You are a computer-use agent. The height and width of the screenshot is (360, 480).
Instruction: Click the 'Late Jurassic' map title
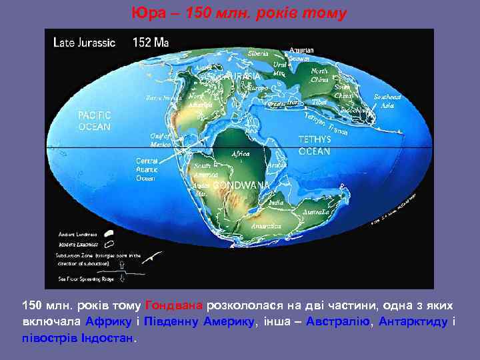coord(84,43)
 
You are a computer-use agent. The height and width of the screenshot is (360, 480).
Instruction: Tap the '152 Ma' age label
coord(151,43)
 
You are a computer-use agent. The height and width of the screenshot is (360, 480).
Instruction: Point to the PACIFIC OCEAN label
coord(95,121)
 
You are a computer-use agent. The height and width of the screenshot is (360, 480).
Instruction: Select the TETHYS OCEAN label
coord(314,146)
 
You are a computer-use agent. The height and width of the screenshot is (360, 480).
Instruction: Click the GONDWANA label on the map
coord(249,184)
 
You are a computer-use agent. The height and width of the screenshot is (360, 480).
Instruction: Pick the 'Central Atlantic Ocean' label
coord(147,169)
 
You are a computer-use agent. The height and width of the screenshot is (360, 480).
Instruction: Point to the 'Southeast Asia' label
coord(387,101)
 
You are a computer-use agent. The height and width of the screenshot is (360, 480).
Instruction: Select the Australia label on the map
coord(315,212)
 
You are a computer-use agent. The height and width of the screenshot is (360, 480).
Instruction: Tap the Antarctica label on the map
coord(265,225)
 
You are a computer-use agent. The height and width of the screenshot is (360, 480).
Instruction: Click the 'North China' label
coord(319,75)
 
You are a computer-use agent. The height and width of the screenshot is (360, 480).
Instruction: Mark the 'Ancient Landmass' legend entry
coord(77,234)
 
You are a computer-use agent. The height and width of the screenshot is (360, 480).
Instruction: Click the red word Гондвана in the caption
coord(174,305)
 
